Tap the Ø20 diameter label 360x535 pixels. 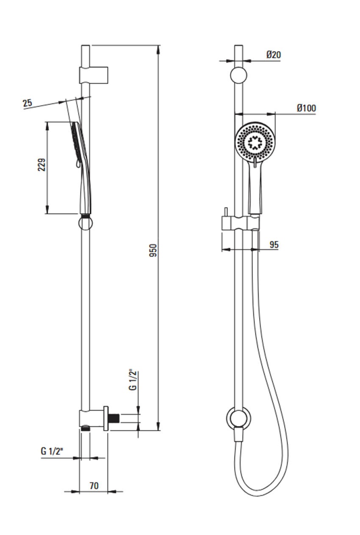274,55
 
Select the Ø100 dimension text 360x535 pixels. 306,108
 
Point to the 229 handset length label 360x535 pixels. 41,165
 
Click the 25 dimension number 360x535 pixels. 27,103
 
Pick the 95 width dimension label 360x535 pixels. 274,244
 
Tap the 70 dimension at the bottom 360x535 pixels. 94,485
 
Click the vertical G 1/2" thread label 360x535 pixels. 133,381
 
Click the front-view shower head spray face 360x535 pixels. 255,143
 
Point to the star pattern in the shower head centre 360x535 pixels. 255,142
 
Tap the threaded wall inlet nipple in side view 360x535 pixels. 114,418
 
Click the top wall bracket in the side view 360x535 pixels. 94,75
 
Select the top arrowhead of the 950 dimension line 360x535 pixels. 158,48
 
